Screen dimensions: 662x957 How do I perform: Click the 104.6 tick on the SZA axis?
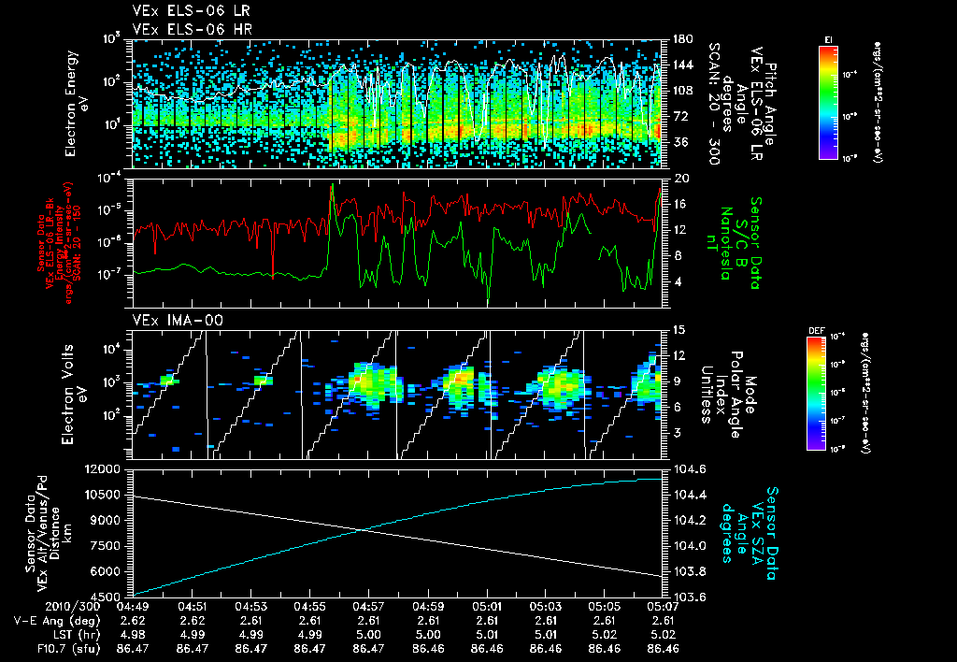tap(687, 468)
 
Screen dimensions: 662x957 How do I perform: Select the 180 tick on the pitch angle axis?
tap(680, 39)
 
